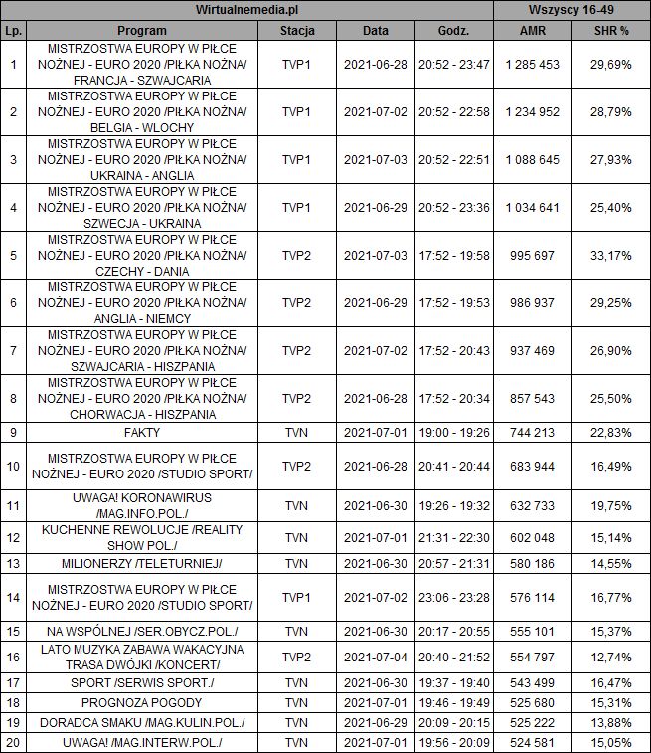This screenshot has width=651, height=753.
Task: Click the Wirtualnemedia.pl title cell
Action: point(247,10)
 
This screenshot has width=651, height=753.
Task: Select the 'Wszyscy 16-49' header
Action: point(572,10)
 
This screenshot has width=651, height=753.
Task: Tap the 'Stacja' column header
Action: point(297,30)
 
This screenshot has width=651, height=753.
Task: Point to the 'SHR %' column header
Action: point(610,30)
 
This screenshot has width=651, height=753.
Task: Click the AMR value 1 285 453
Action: point(532,64)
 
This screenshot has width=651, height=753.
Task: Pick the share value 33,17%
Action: point(610,255)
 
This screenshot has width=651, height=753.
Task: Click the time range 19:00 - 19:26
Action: point(454,433)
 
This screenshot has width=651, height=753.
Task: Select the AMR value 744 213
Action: point(532,433)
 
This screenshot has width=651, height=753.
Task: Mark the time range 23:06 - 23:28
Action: point(454,597)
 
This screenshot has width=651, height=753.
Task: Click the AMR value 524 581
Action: point(532,742)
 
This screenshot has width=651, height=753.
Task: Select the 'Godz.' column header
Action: point(454,30)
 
